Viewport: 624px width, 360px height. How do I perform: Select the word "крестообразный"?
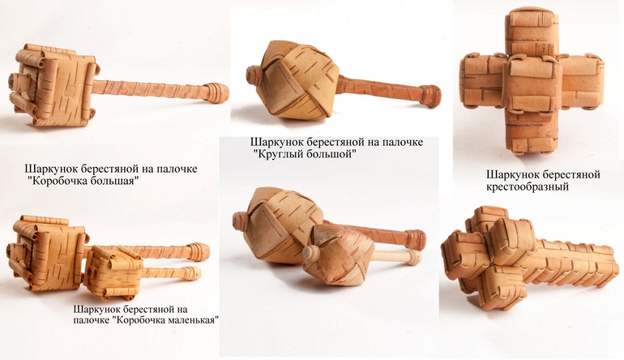[x=528, y=186]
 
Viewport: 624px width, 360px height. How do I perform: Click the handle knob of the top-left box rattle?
[x=217, y=92]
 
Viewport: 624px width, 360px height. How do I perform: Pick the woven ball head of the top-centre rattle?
[x=293, y=80]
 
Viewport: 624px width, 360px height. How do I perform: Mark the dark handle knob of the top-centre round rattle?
[x=430, y=96]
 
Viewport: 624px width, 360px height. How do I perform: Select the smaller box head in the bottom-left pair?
[x=113, y=272]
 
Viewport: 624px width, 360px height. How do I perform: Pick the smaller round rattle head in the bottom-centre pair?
[x=338, y=255]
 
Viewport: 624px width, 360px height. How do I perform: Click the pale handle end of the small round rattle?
[x=413, y=257]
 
